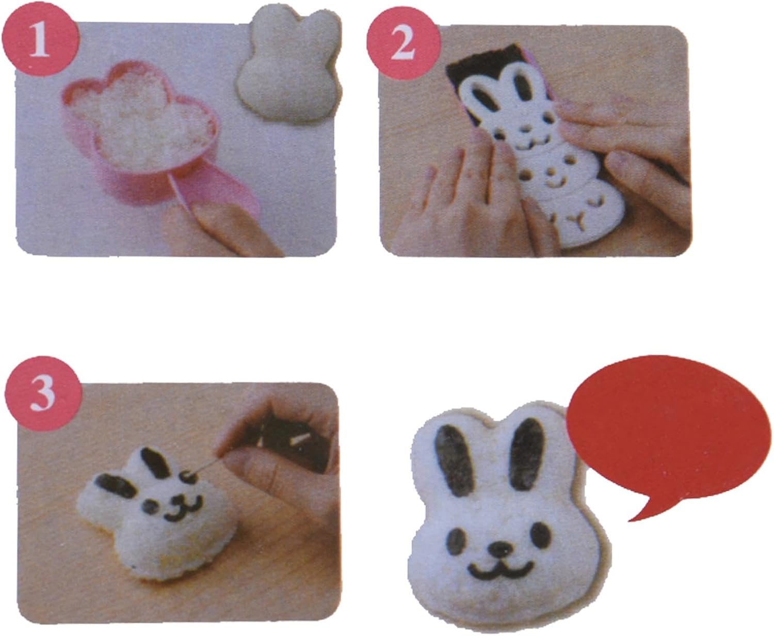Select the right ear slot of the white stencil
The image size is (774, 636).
(523, 86)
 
